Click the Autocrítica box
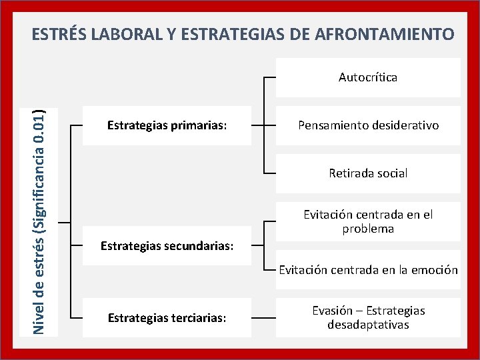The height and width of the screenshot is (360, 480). click(368, 77)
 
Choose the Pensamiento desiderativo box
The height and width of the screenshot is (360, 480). click(368, 125)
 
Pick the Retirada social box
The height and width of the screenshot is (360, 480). click(368, 173)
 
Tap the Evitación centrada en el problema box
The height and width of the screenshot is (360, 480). click(368, 221)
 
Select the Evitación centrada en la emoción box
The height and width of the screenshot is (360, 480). click(368, 270)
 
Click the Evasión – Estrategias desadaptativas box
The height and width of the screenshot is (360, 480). click(368, 318)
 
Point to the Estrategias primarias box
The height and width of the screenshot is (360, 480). click(167, 125)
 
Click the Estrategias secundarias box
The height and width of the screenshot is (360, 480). click(167, 246)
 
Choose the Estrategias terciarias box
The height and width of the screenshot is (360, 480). click(167, 318)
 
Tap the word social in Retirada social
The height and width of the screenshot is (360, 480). click(391, 173)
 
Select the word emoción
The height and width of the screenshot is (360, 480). click(433, 270)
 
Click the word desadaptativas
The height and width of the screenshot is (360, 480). click(368, 325)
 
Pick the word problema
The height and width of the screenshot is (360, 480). click(368, 229)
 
